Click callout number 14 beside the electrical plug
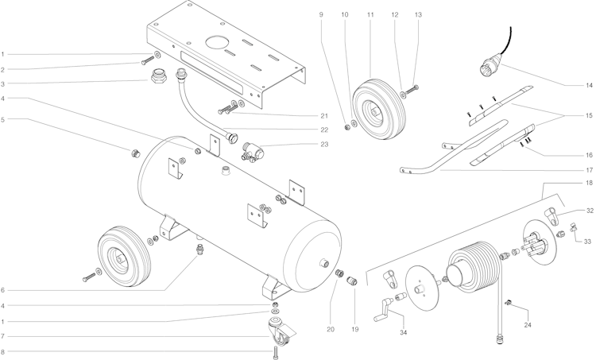coord(589,85)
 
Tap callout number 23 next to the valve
coord(324,144)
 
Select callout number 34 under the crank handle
coord(403,332)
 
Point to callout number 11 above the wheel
coord(370,15)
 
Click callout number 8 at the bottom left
coord(2,351)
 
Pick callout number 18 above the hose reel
coord(589,183)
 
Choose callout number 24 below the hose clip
coord(528,325)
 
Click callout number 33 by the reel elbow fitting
coord(587,242)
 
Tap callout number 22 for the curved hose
coord(324,130)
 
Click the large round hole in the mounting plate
coord(218,41)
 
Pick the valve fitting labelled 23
coord(252,152)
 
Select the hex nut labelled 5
coord(135,153)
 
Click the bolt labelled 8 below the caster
coord(276,353)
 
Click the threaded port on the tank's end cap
coord(324,262)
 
